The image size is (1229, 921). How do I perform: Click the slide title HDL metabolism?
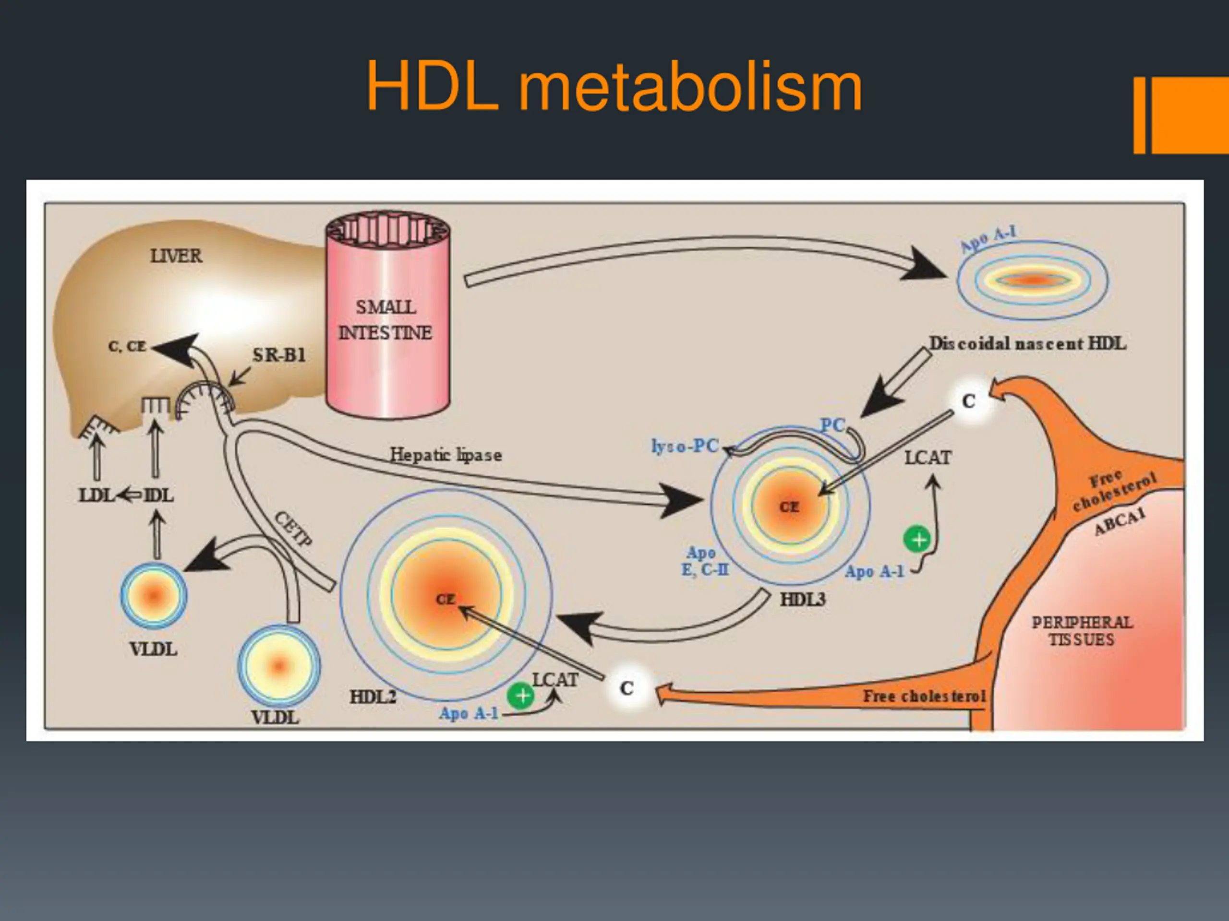[x=614, y=88]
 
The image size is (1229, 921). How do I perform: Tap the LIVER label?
[x=176, y=256]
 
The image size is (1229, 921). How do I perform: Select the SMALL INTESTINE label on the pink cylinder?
[x=386, y=320]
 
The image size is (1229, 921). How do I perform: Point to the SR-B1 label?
[x=279, y=355]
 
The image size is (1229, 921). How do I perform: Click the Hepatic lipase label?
[x=446, y=455]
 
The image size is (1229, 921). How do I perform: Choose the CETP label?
[x=293, y=529]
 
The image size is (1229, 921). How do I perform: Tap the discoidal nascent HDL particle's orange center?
[x=1032, y=280]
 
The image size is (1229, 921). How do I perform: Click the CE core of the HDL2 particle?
[x=446, y=600]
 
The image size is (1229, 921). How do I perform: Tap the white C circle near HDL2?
[x=627, y=688]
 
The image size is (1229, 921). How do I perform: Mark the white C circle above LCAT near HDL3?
[x=969, y=401]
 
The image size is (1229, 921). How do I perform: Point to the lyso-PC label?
[x=685, y=446]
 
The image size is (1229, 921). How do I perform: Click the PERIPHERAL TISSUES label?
[x=1082, y=631]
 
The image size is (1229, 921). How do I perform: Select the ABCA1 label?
[x=1120, y=522]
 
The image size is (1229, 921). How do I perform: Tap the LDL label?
[x=96, y=495]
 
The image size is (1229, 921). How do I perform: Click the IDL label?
[x=159, y=495]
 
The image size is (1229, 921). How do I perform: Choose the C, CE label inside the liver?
[x=127, y=346]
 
